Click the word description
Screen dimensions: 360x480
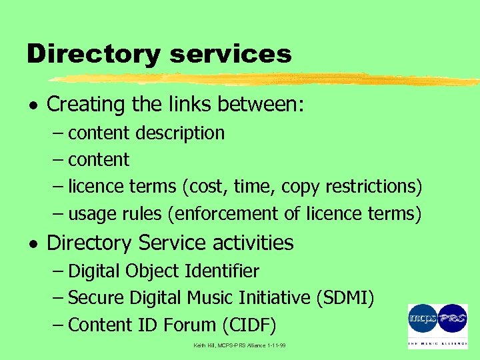(x=180, y=133)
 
